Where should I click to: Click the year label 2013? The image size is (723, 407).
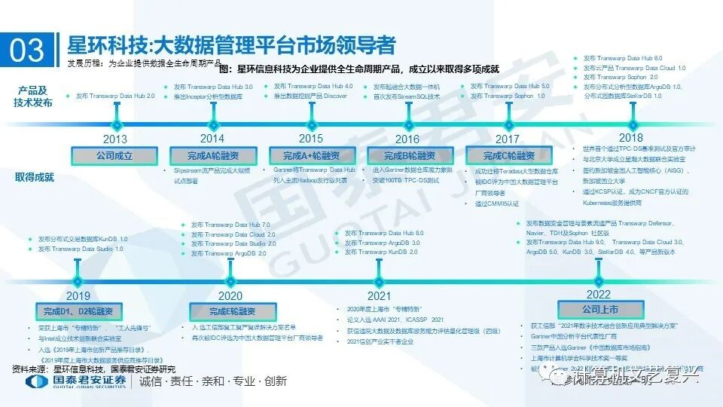[115, 139]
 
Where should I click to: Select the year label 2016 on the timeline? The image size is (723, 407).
[407, 139]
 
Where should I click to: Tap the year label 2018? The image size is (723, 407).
[631, 137]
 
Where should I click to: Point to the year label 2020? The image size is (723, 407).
[230, 296]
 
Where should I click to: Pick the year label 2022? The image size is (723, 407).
[599, 294]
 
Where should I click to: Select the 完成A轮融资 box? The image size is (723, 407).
[213, 156]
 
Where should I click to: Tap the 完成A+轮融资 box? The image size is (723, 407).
[311, 156]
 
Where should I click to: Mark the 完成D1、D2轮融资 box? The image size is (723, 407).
[78, 311]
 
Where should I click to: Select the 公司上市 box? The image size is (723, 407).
[599, 310]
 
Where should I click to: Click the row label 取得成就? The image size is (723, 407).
[35, 177]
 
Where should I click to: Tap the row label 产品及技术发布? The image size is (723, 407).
[35, 96]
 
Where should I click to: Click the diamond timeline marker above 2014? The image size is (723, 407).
[212, 123]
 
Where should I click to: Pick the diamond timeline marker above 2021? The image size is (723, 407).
[378, 280]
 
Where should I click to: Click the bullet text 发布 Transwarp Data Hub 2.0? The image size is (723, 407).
[114, 96]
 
